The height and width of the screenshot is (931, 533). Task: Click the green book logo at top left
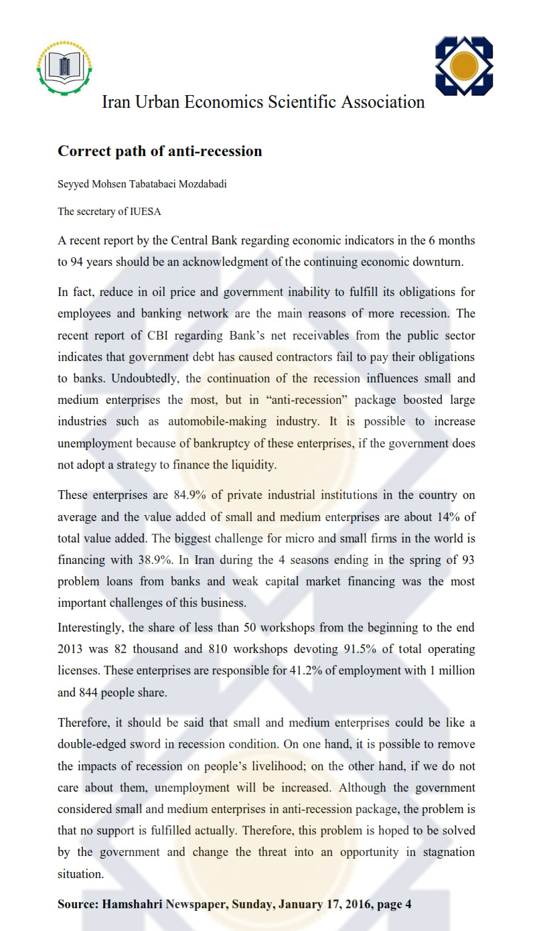pos(65,67)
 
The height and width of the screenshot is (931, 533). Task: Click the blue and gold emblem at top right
pos(464,66)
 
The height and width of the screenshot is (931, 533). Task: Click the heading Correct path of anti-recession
pos(159,151)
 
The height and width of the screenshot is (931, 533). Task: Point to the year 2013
pos(71,650)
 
